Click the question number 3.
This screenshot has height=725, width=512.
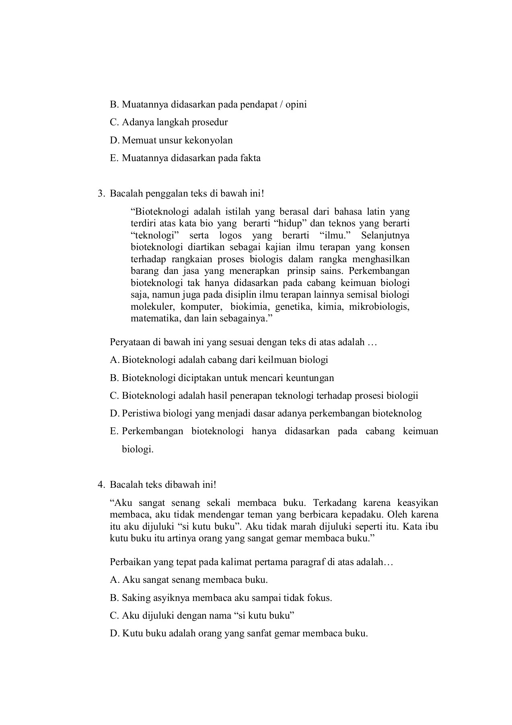click(x=101, y=194)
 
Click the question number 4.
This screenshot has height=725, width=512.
click(x=101, y=485)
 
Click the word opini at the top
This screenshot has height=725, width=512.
click(x=296, y=104)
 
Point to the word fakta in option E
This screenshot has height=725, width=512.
click(x=250, y=158)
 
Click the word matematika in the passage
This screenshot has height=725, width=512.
click(x=150, y=319)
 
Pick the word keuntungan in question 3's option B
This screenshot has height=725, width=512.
click(x=310, y=378)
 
